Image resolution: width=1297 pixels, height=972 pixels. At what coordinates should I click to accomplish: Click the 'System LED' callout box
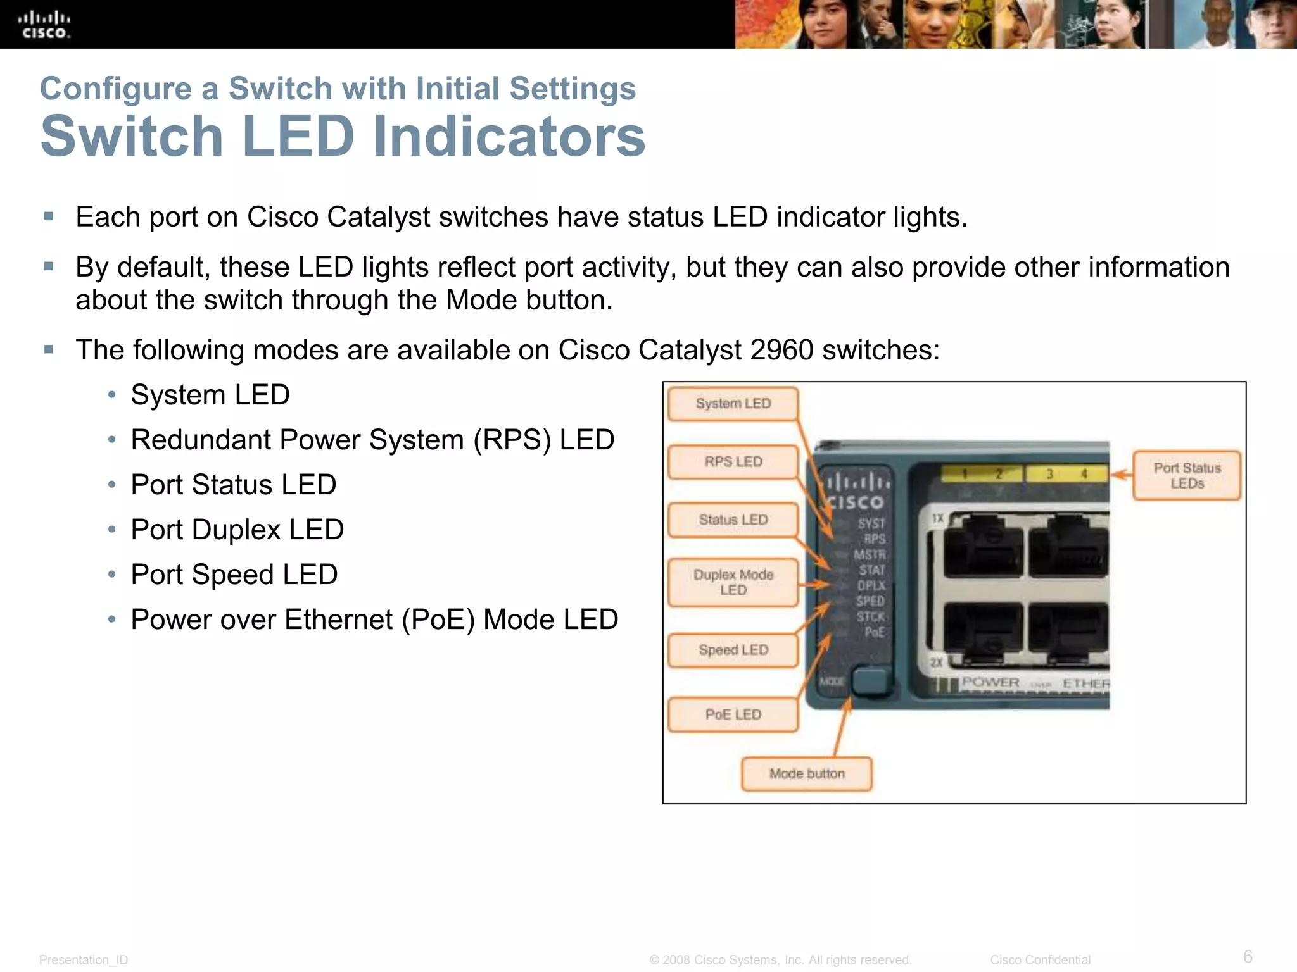click(x=733, y=404)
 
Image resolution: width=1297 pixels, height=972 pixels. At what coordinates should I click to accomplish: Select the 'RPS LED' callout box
click(x=733, y=462)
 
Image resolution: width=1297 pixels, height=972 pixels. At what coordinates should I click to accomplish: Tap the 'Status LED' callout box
click(x=733, y=520)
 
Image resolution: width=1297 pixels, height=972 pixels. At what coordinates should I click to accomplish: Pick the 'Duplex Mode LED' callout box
click(x=733, y=582)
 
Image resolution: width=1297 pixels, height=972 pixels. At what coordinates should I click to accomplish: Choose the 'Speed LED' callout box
click(x=733, y=651)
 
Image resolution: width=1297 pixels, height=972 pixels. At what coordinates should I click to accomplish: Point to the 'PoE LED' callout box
click(x=733, y=715)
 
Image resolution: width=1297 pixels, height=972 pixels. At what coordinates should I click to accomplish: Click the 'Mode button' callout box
click(x=807, y=774)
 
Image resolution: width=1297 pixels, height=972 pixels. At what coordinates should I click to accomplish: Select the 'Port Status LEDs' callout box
click(x=1187, y=476)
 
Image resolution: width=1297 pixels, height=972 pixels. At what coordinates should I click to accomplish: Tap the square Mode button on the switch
click(x=871, y=681)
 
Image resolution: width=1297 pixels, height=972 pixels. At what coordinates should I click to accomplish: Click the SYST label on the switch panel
click(x=871, y=524)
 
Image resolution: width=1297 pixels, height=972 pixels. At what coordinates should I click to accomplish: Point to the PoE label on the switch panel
click(x=875, y=632)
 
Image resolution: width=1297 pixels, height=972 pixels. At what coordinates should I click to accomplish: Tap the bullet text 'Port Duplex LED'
click(x=237, y=530)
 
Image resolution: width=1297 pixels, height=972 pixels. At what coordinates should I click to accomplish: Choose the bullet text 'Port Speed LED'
click(x=234, y=575)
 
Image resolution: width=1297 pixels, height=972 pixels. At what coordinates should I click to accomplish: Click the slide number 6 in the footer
click(x=1248, y=956)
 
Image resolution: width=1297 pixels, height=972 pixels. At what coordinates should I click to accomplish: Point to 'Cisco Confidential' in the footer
click(x=1040, y=960)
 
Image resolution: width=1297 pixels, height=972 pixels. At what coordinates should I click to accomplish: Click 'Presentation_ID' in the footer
click(x=84, y=960)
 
